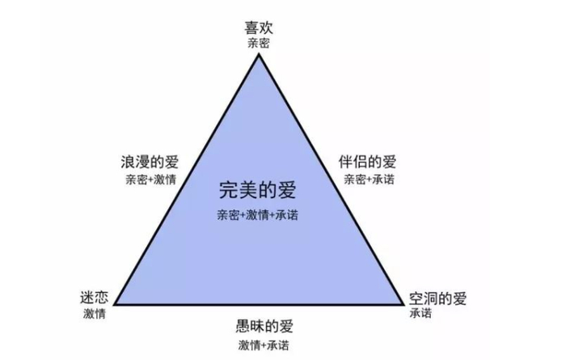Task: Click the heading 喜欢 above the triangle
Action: click(x=259, y=27)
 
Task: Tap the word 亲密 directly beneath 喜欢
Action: click(x=259, y=42)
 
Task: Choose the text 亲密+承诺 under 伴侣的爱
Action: click(x=370, y=180)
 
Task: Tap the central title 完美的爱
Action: click(x=258, y=191)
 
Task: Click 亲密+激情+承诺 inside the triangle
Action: click(x=258, y=216)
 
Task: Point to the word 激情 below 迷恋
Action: click(x=95, y=313)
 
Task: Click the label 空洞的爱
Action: click(x=437, y=299)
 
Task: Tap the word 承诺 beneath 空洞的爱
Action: click(x=421, y=313)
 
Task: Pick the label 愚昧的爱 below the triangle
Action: click(x=264, y=327)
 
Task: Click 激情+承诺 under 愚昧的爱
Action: click(x=264, y=345)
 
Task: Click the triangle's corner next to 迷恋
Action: click(x=116, y=304)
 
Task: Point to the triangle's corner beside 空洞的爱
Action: click(x=402, y=304)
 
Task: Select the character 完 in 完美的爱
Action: click(x=229, y=191)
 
